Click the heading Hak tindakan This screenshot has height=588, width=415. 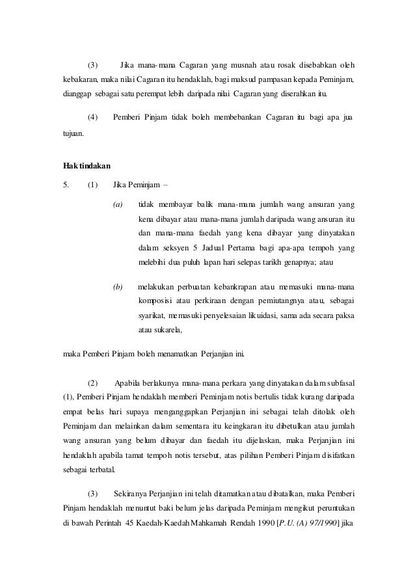coord(83,167)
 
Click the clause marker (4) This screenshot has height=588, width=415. coord(92,118)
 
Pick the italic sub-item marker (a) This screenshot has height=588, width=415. coord(118,204)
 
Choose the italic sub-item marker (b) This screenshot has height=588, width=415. coord(118,286)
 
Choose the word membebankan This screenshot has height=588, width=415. coord(236,118)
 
